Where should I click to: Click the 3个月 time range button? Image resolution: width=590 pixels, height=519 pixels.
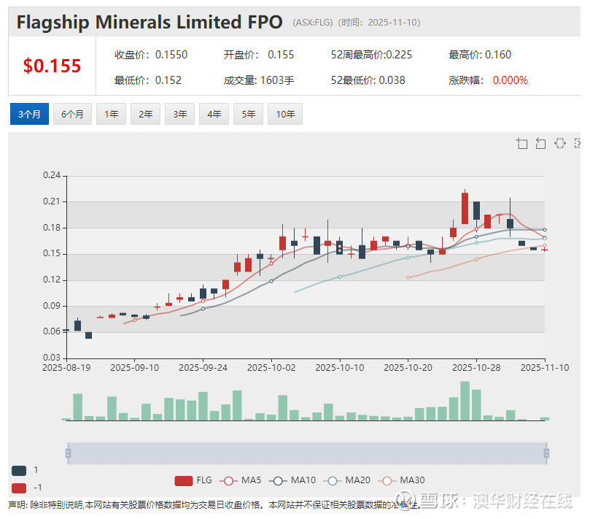(29, 114)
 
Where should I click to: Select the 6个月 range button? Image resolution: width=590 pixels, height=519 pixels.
(72, 114)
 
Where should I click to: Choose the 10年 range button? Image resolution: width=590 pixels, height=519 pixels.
(285, 114)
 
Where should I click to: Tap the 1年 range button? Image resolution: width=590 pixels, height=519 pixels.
(112, 114)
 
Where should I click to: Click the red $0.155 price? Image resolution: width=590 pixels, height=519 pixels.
(52, 66)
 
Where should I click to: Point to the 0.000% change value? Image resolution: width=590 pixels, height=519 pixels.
(510, 80)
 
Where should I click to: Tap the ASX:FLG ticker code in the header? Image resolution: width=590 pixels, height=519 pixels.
(313, 23)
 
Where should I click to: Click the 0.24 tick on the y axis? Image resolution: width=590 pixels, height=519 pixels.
(51, 175)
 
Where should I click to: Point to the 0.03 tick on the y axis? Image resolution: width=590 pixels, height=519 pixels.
(51, 358)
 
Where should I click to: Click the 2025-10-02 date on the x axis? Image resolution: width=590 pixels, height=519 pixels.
(271, 368)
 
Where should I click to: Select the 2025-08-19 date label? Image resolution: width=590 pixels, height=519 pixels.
(66, 368)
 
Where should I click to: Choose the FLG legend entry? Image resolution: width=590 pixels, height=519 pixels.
(194, 480)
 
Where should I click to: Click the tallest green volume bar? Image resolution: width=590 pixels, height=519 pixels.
(465, 401)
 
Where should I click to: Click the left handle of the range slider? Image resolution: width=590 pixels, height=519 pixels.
(68, 453)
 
